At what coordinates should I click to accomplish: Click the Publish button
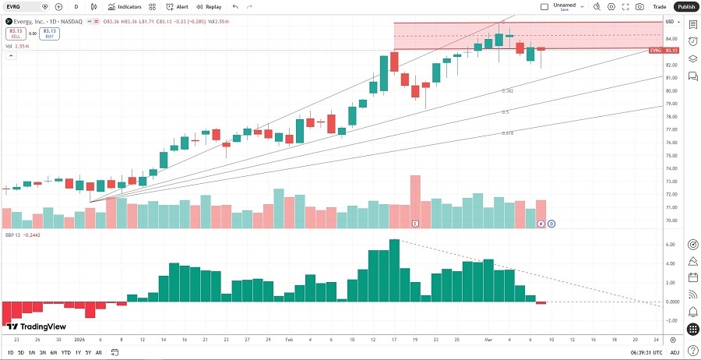(x=685, y=6)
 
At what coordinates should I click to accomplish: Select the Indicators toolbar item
(x=125, y=6)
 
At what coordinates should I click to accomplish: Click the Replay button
(x=209, y=6)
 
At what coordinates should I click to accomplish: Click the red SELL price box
(x=15, y=33)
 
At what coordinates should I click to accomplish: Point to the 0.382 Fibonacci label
(x=507, y=91)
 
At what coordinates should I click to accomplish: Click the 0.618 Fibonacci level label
(x=507, y=133)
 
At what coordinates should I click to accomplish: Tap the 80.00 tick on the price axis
(x=671, y=90)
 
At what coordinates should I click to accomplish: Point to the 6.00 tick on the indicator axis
(x=669, y=244)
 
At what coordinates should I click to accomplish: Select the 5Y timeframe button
(x=88, y=353)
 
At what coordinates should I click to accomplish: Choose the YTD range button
(x=65, y=353)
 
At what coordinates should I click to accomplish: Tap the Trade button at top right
(x=660, y=6)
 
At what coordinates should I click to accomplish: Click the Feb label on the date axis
(x=289, y=340)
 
